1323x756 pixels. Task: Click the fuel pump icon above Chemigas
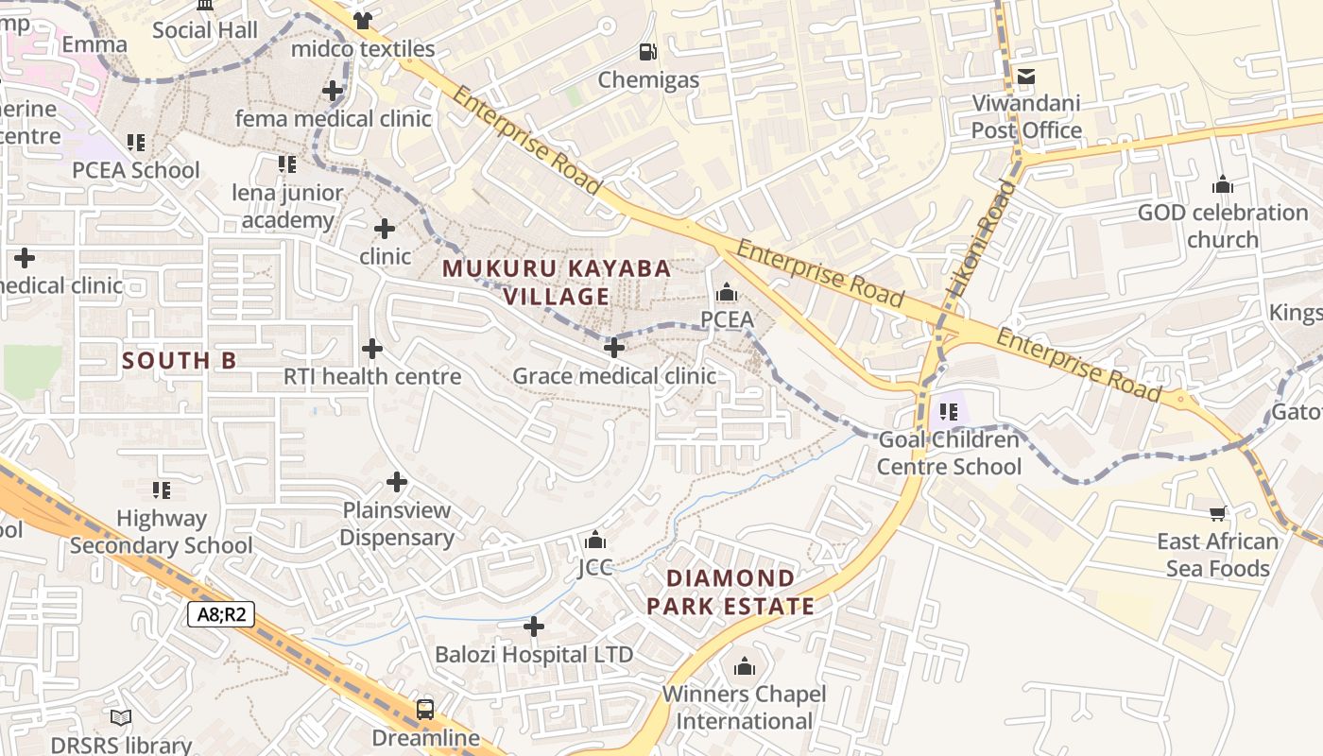coord(647,52)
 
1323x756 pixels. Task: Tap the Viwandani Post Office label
coord(1026,116)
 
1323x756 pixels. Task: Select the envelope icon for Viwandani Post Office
coord(1026,76)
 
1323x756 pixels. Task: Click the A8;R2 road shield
coord(222,614)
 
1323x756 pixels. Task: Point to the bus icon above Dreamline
coord(425,709)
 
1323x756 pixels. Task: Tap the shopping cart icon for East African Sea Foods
coord(1218,513)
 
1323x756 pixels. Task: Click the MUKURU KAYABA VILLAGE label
coord(557,283)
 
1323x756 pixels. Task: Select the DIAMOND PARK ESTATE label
coord(730,593)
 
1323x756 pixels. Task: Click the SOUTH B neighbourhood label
coord(179,360)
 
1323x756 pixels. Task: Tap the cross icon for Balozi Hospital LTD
coord(534,627)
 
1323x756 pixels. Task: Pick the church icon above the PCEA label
coord(727,292)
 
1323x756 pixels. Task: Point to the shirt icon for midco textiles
coord(363,20)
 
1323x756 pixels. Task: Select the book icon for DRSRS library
coord(121,717)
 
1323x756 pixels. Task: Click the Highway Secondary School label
coord(161,532)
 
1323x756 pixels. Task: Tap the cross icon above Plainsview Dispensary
coord(397,483)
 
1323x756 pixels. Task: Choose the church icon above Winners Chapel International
coord(745,667)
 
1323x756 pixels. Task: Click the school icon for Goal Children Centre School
coord(949,412)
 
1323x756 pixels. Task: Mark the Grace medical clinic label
coord(614,376)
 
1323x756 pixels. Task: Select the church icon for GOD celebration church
coord(1223,184)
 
